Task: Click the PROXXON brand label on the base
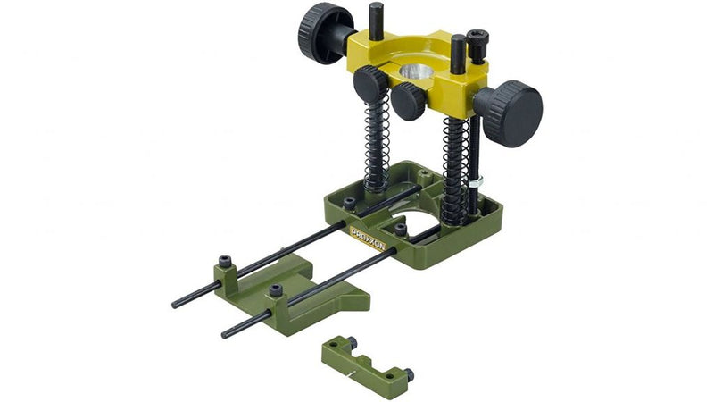pyautogui.click(x=369, y=239)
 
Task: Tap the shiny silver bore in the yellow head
pyautogui.click(x=417, y=72)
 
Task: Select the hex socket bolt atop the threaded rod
pyautogui.click(x=477, y=46)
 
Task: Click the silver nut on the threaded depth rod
pyautogui.click(x=477, y=182)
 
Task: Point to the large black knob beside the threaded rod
pyautogui.click(x=510, y=113)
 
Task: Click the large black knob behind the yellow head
pyautogui.click(x=325, y=33)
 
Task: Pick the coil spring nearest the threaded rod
pyautogui.click(x=456, y=171)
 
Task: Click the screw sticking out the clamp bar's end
pyautogui.click(x=409, y=374)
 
